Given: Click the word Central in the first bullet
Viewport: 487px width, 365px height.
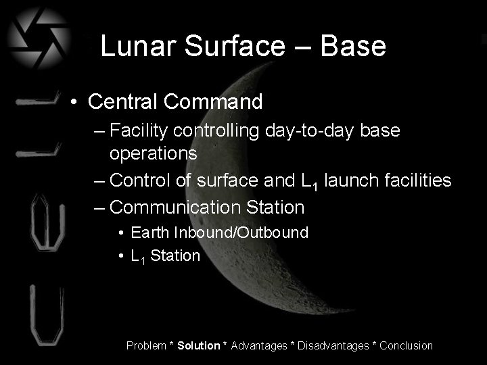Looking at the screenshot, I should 122,102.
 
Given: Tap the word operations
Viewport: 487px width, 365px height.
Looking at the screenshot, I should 154,153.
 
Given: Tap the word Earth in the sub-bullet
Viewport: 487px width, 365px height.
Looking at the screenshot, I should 151,233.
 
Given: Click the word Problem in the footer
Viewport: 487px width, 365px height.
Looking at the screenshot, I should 146,345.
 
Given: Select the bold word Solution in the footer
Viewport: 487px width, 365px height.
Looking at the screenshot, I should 198,345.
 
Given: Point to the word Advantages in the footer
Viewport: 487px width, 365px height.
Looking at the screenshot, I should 259,345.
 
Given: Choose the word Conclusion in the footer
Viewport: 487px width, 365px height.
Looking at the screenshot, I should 406,345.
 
